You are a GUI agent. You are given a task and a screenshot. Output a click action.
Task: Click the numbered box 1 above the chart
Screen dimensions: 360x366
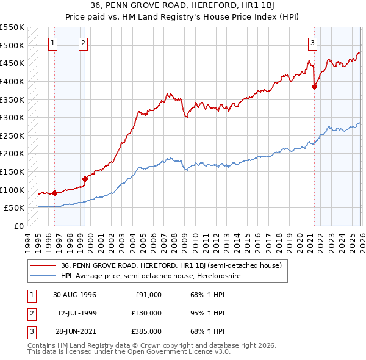click(53, 43)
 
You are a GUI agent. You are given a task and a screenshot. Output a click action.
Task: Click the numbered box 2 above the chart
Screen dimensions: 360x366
click(82, 43)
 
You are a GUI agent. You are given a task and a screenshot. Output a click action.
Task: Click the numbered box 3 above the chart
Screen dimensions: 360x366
click(312, 43)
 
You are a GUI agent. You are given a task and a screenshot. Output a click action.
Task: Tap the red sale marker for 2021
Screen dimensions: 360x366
click(315, 87)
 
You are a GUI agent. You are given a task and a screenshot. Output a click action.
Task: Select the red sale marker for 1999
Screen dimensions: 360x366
click(85, 179)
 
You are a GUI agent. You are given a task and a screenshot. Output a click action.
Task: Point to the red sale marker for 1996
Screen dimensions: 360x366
click(55, 193)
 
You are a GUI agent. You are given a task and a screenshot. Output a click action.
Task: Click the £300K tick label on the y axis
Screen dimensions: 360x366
click(12, 117)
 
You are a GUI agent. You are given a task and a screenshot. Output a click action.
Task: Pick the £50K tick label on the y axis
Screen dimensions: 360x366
click(15, 208)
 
